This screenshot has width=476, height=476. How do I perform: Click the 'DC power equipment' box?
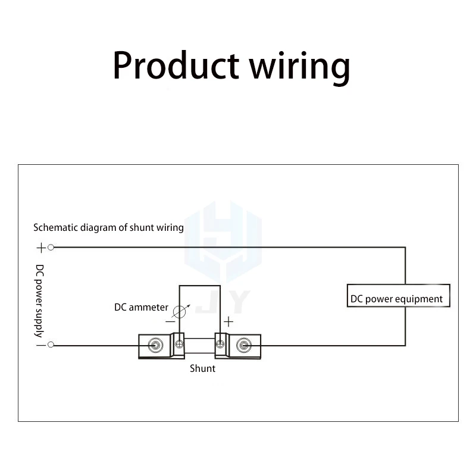398,296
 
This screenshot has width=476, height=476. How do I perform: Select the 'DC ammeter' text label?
141,308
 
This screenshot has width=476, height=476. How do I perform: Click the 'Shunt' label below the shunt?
202,369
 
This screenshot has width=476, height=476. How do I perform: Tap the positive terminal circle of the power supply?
51,247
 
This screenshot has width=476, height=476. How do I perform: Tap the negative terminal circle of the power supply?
51,345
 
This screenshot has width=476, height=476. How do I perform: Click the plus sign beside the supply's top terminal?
40,247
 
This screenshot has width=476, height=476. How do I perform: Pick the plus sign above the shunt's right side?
228,321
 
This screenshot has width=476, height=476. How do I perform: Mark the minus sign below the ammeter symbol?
170,321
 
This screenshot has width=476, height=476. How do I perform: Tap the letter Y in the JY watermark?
237,302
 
